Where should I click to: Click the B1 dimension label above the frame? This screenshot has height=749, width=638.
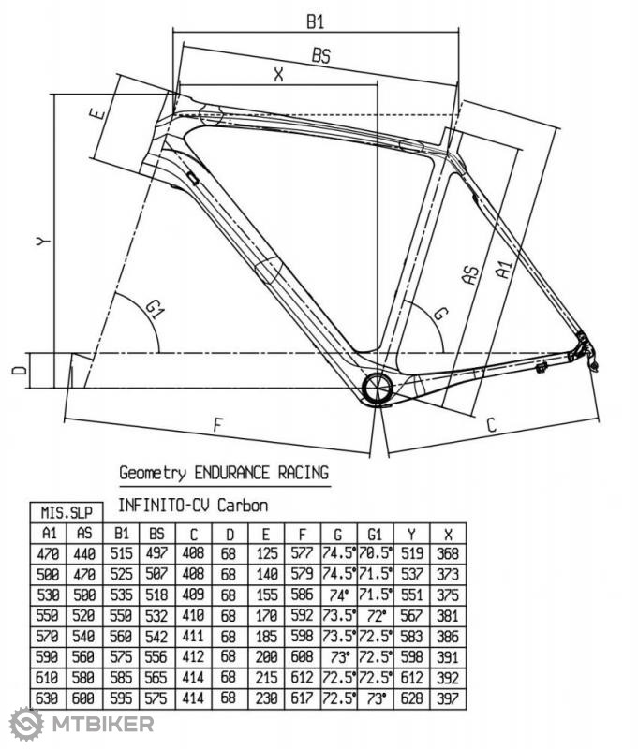point(316,22)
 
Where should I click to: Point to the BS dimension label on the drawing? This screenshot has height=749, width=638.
point(321,55)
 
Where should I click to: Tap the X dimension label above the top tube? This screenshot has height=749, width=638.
point(278,75)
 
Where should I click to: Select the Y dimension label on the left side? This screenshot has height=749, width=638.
point(43,242)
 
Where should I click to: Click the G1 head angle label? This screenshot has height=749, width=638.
point(154,310)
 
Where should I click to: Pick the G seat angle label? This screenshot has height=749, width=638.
point(440,314)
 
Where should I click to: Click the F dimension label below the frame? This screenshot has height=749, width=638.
point(218,425)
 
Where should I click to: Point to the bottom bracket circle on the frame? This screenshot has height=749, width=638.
point(378,388)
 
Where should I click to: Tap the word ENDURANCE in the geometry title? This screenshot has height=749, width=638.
point(231,473)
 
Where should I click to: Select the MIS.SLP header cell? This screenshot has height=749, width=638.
point(67,512)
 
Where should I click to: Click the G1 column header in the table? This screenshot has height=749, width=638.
point(375,534)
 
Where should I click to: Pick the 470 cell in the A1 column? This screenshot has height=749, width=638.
point(49,553)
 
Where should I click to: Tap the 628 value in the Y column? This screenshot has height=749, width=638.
point(411,698)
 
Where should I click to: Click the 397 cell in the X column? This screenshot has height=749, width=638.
point(448,698)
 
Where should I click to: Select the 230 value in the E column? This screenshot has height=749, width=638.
point(266,698)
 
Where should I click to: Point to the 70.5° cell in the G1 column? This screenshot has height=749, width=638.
point(375,553)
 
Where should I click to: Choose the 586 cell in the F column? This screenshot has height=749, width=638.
point(302,595)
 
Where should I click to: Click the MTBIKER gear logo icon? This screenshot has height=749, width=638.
point(26,724)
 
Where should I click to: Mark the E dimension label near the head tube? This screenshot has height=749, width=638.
point(97,113)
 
